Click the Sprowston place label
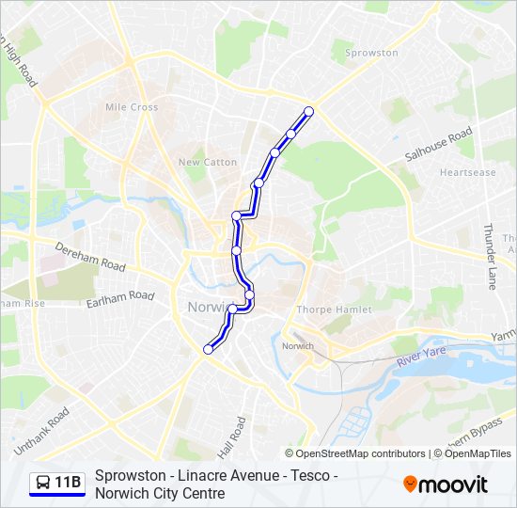372,53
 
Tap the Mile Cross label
132,107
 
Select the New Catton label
208,162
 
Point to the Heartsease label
467,173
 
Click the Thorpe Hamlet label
334,310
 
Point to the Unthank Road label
42,428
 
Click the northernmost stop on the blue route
308,111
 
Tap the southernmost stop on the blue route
208,349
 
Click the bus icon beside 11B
41,484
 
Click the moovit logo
446,484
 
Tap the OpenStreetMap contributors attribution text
354,453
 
